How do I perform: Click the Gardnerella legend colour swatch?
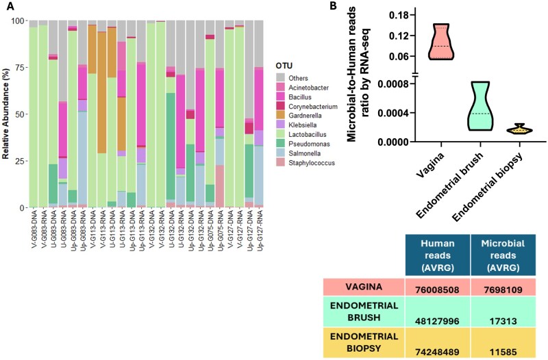[x=280, y=116]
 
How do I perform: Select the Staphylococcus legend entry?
[x=306, y=163]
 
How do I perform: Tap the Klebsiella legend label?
[x=303, y=125]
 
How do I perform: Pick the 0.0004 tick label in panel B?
[x=395, y=113]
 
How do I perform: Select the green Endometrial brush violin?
[x=480, y=106]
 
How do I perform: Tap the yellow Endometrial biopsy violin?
[x=521, y=129]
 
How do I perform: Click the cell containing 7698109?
[x=503, y=287]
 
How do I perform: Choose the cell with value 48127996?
[x=438, y=311]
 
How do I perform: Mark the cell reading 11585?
[x=503, y=342]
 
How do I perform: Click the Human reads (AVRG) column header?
[x=438, y=255]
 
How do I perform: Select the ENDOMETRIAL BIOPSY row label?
[x=364, y=342]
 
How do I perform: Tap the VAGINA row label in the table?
[x=364, y=287]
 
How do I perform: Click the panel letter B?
[x=334, y=5]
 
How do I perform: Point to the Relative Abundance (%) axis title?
[x=5, y=114]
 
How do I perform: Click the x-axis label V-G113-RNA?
[x=103, y=230]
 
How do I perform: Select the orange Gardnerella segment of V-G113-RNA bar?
[x=102, y=92]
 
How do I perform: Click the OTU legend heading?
[x=284, y=66]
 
